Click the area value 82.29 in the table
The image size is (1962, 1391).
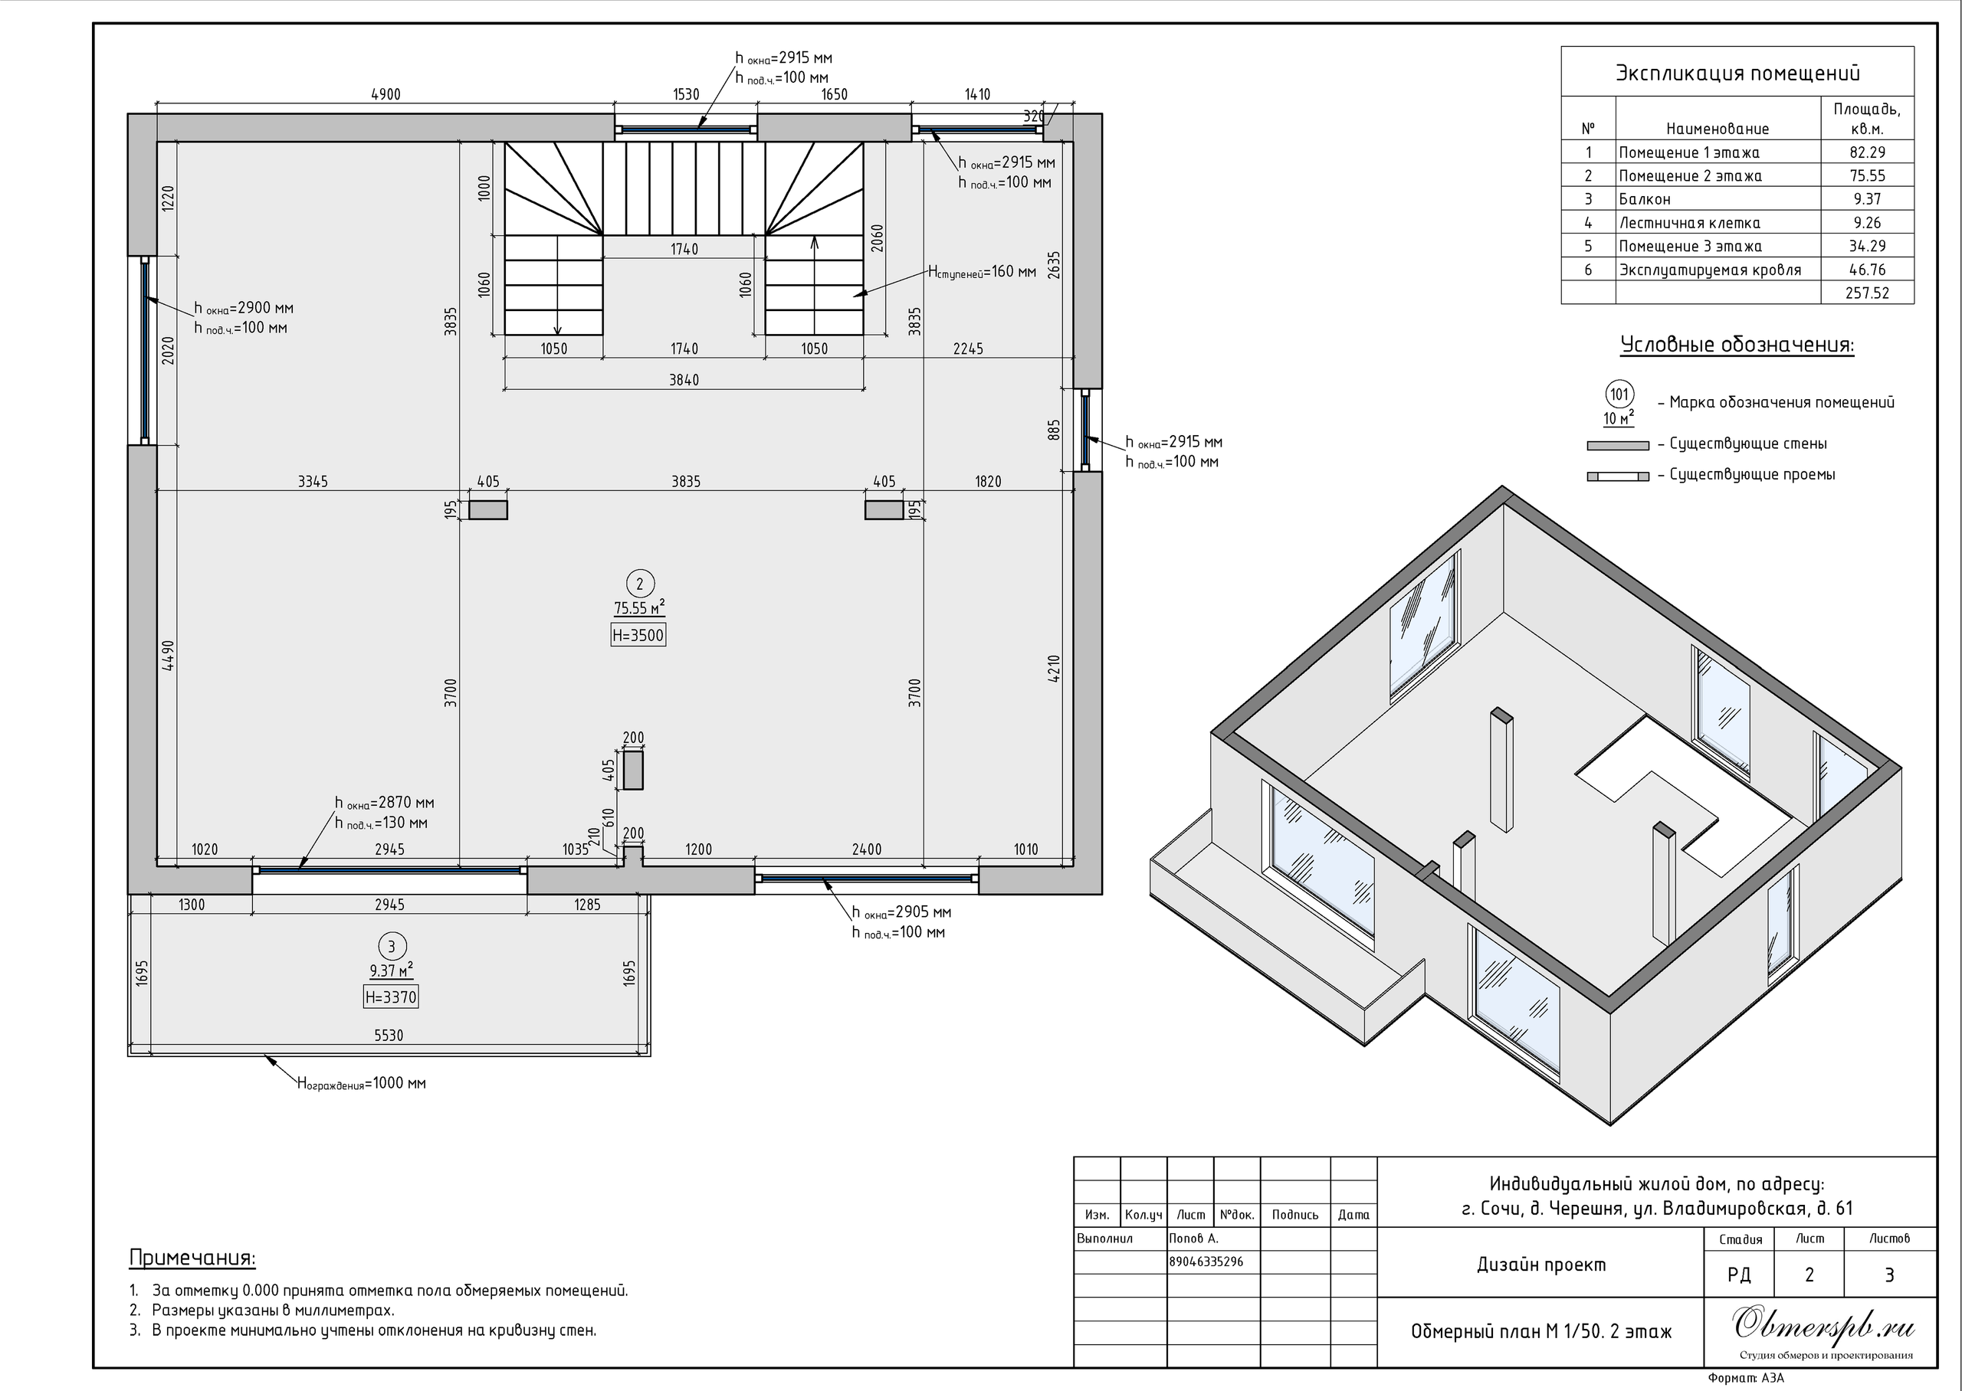pyautogui.click(x=1867, y=152)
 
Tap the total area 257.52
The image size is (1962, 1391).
pyautogui.click(x=1867, y=293)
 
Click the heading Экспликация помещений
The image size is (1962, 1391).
pyautogui.click(x=1737, y=74)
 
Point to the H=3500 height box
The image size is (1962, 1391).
pyautogui.click(x=638, y=635)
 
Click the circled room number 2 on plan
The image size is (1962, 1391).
pyautogui.click(x=639, y=584)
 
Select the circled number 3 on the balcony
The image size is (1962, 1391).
pyautogui.click(x=392, y=947)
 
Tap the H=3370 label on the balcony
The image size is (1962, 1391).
pyautogui.click(x=391, y=997)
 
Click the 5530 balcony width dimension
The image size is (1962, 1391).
pyautogui.click(x=388, y=1036)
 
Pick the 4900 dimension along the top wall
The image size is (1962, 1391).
pyautogui.click(x=386, y=94)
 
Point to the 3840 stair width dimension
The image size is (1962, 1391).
pyautogui.click(x=684, y=379)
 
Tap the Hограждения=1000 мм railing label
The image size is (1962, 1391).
pyautogui.click(x=362, y=1084)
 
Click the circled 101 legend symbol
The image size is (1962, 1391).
pyautogui.click(x=1619, y=395)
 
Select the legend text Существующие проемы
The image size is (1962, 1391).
pyautogui.click(x=1752, y=474)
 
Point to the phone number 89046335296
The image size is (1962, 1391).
pyautogui.click(x=1206, y=1262)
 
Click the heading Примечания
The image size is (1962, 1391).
pyautogui.click(x=192, y=1258)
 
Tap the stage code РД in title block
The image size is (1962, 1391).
pyautogui.click(x=1739, y=1275)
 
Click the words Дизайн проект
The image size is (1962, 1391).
pyautogui.click(x=1541, y=1265)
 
